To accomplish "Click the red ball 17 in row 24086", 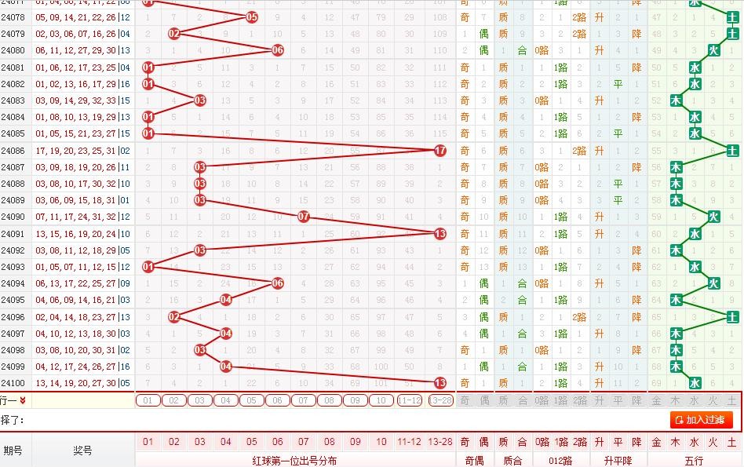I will (440, 150).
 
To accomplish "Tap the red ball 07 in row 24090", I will (304, 217).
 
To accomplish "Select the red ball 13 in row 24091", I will (440, 233).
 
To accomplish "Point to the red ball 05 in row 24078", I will (252, 16).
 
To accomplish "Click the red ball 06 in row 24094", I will (278, 283).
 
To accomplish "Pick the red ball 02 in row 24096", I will (174, 316).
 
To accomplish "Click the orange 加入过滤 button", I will (702, 420).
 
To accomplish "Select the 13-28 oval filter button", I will (441, 400).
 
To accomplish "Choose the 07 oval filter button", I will (304, 400).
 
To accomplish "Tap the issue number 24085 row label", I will (13, 133).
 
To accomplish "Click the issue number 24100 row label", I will (13, 383).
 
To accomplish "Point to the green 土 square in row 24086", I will (732, 150).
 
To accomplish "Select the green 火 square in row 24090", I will (713, 217).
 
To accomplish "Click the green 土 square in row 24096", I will (732, 316).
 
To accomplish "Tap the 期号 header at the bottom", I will (13, 451).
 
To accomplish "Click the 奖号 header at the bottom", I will (83, 451).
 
